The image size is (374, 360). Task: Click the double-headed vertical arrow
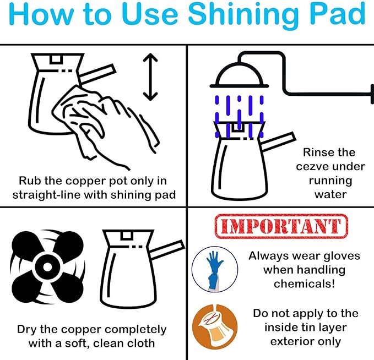point(150,77)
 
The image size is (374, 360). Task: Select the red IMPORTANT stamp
point(281,226)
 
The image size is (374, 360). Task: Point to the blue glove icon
point(215,269)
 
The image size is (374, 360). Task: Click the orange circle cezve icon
point(215,327)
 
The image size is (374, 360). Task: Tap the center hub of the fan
point(47,266)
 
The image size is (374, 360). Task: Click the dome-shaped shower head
point(239,75)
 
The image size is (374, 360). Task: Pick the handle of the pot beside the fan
point(167,250)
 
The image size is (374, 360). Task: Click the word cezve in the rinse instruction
point(311,167)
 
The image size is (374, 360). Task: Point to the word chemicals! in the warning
point(305,283)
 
